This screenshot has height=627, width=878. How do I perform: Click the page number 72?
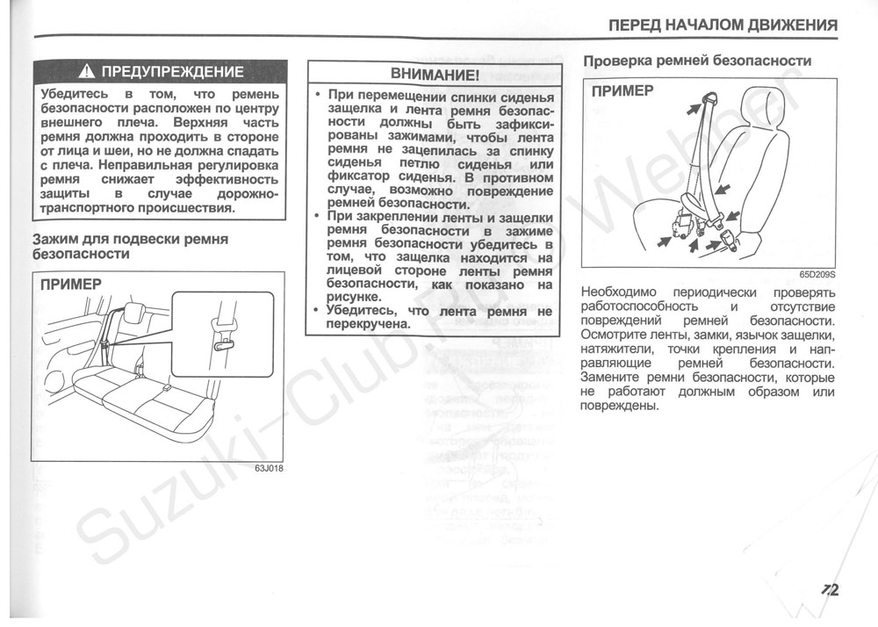click(x=831, y=590)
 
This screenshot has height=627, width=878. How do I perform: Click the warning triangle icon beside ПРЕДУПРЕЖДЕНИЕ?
click(x=88, y=72)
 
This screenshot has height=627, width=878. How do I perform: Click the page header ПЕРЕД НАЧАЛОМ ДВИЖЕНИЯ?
click(x=723, y=25)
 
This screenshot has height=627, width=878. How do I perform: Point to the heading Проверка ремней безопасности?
click(x=697, y=61)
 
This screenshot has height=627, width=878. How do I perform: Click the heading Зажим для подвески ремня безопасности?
click(x=130, y=246)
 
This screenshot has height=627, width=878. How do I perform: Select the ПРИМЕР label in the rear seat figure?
click(x=70, y=284)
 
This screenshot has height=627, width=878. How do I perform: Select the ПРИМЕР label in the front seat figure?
click(x=622, y=91)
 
